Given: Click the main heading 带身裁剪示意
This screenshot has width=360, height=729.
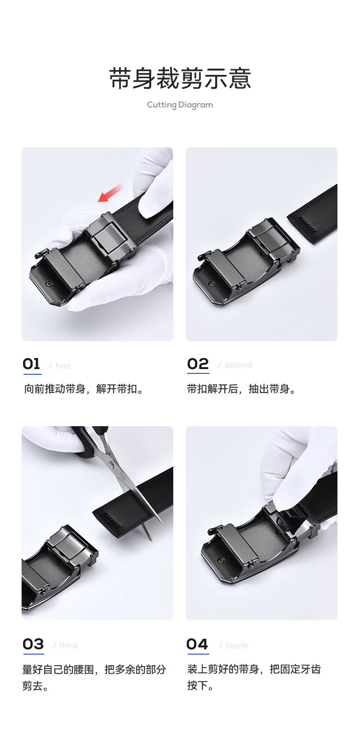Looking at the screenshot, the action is (180, 78).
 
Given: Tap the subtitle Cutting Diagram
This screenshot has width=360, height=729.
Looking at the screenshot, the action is (180, 105).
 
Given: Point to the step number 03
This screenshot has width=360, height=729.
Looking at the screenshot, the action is (33, 645).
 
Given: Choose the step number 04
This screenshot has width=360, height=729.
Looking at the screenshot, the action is (197, 645).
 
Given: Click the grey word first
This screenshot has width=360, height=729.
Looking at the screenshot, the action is (63, 366).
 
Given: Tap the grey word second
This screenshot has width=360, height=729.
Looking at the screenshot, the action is (238, 365).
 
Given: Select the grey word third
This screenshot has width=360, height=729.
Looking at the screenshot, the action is (68, 645).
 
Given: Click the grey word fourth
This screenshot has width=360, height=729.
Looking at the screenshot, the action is (237, 645).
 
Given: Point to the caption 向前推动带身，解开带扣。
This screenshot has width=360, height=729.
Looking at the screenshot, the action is (84, 389).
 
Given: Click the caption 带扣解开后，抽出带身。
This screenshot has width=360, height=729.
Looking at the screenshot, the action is (241, 389).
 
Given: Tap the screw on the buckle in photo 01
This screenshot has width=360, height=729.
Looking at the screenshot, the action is (49, 283).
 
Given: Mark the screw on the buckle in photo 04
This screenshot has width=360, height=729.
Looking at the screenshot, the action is (221, 561).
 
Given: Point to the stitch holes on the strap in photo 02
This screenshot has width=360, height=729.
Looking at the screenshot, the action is (307, 224).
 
